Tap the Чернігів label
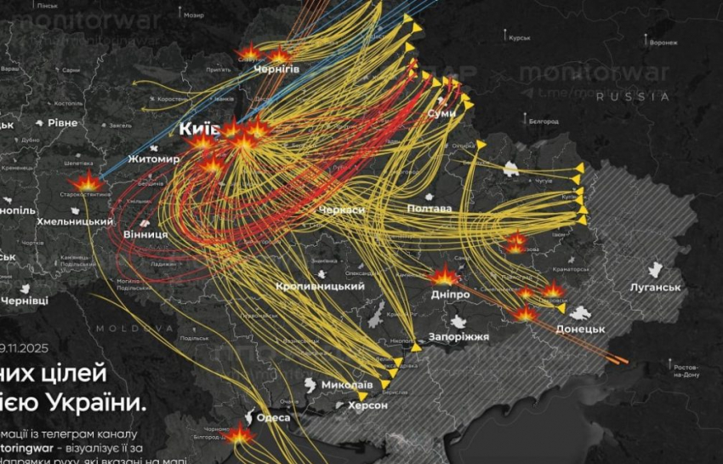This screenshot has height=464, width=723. [276, 69]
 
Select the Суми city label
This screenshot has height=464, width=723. [441, 113]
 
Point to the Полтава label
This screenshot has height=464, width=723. [429, 209]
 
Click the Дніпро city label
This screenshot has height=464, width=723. [449, 294]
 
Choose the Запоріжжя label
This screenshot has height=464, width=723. [459, 336]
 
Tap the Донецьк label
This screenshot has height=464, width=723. [580, 329]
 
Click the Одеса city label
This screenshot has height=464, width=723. [273, 417]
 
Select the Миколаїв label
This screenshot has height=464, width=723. [346, 385]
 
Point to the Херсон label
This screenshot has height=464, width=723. [367, 405]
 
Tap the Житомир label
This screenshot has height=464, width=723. [154, 158]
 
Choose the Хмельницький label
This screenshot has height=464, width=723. [75, 221]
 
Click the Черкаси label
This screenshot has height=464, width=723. [341, 210]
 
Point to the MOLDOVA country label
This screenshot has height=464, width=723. [122, 328]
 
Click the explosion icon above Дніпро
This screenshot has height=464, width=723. [443, 275]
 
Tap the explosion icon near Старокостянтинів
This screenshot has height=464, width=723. [87, 180]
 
